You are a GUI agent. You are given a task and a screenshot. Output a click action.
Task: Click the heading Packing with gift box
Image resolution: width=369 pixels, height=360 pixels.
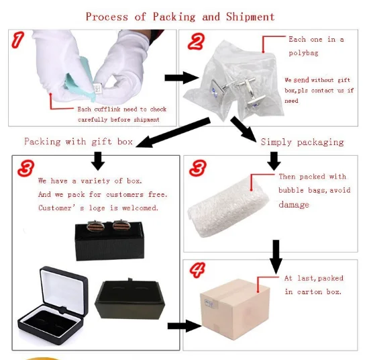tap(78, 142)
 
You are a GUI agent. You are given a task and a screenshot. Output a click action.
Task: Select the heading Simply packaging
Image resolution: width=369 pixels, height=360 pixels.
tap(302, 142)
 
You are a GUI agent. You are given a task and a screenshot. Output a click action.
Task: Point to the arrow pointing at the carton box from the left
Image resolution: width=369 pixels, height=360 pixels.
tap(184, 326)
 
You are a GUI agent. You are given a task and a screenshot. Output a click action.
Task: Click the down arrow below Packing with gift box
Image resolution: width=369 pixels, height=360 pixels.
tap(98, 161)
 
